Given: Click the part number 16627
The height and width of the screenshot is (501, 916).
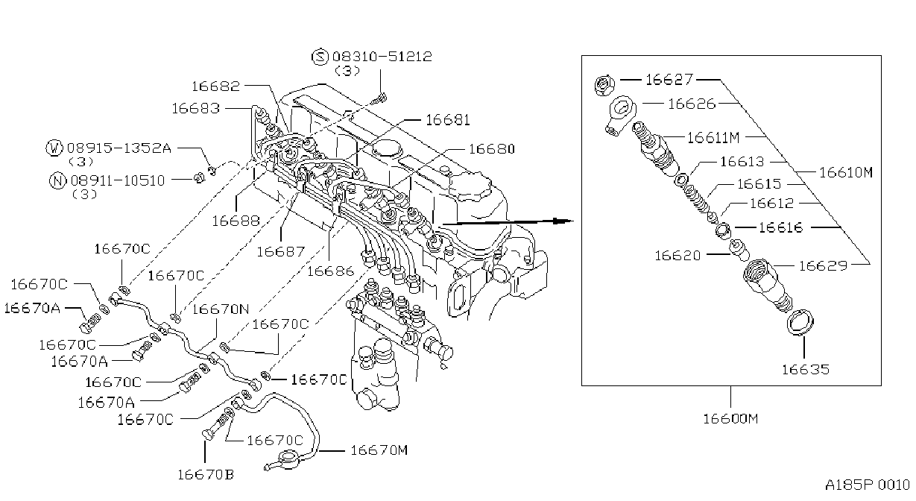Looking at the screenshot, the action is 669,79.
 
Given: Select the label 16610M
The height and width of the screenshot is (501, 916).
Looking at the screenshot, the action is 846,172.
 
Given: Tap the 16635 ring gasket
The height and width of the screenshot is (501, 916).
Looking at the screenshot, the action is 800,323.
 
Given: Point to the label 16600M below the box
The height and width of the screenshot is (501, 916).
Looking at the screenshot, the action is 730,419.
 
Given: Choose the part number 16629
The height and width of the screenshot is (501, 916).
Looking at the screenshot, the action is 823,266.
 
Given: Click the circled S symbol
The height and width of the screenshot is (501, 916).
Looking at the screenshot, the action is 320,57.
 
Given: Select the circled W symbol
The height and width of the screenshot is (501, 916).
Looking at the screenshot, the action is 54,148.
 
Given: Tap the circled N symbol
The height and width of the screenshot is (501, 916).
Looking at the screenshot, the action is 57,180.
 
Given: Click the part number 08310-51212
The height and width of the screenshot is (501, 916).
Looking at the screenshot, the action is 382,57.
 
